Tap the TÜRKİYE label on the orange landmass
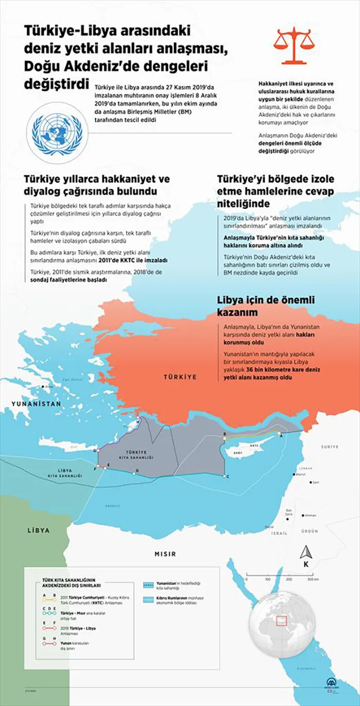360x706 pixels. tap(180, 377)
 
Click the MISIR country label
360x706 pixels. tap(165, 554)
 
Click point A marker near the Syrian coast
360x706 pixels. tap(280, 435)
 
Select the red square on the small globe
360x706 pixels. tap(281, 621)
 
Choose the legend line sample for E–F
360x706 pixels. tap(52, 628)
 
